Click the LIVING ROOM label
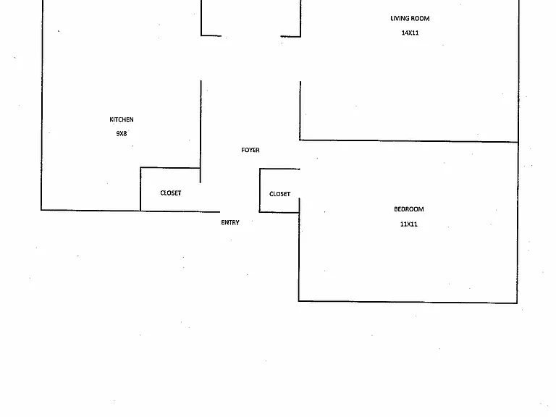click(x=410, y=18)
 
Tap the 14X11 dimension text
click(x=410, y=33)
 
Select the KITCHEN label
click(x=122, y=119)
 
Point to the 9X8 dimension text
click(x=122, y=133)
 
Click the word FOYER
click(x=250, y=150)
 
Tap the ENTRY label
click(x=230, y=222)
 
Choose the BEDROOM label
click(x=409, y=209)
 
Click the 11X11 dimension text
click(x=409, y=224)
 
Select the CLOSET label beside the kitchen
click(x=171, y=193)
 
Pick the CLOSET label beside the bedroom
click(x=279, y=194)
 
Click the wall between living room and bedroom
click(x=409, y=141)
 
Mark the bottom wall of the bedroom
click(x=408, y=302)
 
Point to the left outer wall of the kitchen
click(x=42, y=105)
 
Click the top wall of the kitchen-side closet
click(x=170, y=168)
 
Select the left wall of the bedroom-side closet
click(x=260, y=190)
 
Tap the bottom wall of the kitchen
click(x=90, y=210)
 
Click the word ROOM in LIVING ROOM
click(x=420, y=18)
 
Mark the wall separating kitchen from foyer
click(x=201, y=132)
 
